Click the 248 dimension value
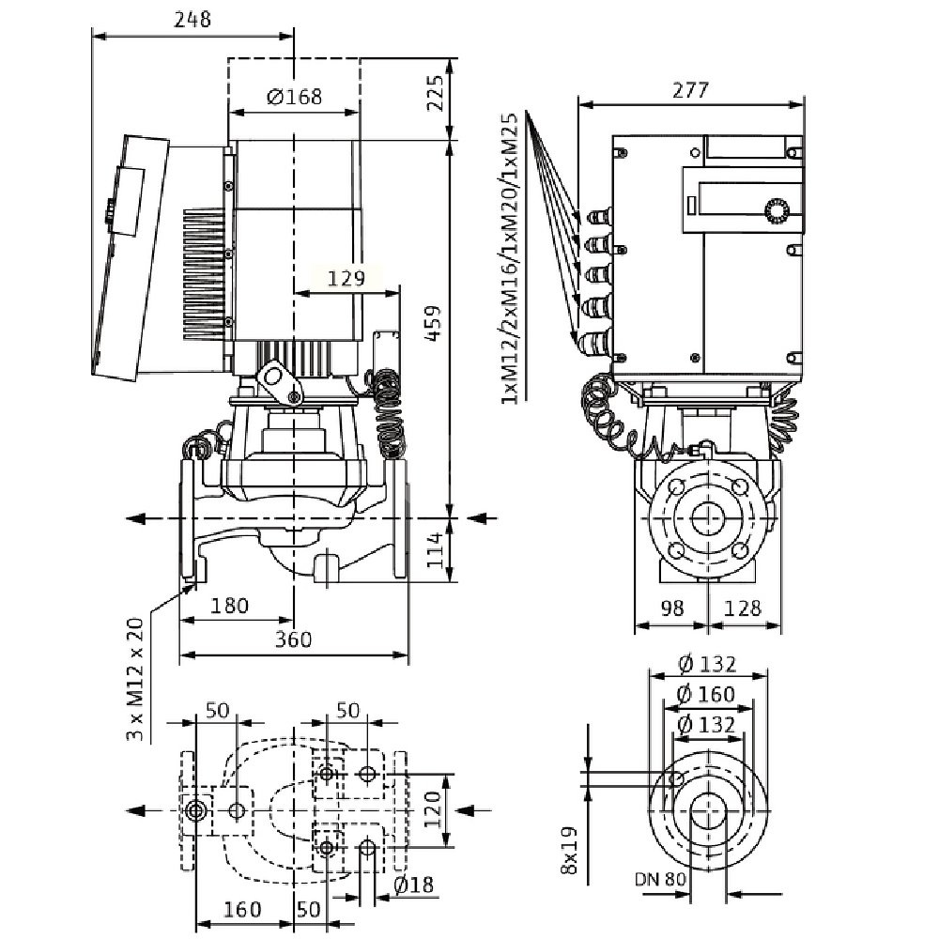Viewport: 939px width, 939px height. coord(192,19)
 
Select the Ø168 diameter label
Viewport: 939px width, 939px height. coord(294,96)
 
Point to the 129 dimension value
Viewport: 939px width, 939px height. coord(346,277)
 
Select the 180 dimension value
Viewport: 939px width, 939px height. coord(229,607)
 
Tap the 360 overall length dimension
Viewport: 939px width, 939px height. coord(293,639)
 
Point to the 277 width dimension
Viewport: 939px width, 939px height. coord(690,89)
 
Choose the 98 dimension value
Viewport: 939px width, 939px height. coord(673,609)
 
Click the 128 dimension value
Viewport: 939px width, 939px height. coord(743,609)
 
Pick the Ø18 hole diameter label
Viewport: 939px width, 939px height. coord(412,885)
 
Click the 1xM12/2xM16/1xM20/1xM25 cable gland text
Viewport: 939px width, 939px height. coord(513,259)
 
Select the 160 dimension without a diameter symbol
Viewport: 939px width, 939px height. coord(243,910)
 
